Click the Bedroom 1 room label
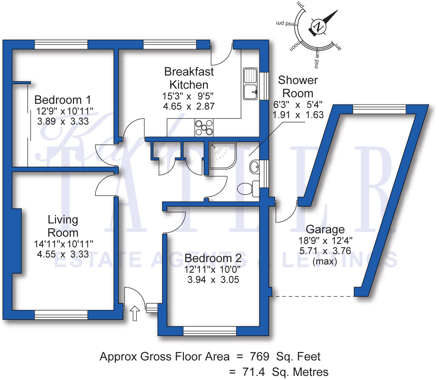coord(62,100)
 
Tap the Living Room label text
coord(63,226)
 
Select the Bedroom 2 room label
coord(213,258)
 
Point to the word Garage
coord(325,229)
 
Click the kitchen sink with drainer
coord(250,84)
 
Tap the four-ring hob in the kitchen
coord(204,128)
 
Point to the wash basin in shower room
coord(254,167)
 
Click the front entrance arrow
coord(135,313)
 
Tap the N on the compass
coord(319,26)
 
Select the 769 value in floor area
coord(259,357)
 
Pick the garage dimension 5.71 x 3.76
coord(325,251)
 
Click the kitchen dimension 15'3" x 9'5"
coord(188,96)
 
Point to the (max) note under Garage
coord(325,261)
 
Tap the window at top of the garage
coord(379,109)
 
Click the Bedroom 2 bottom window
coord(210,331)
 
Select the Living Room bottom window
coord(61,315)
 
